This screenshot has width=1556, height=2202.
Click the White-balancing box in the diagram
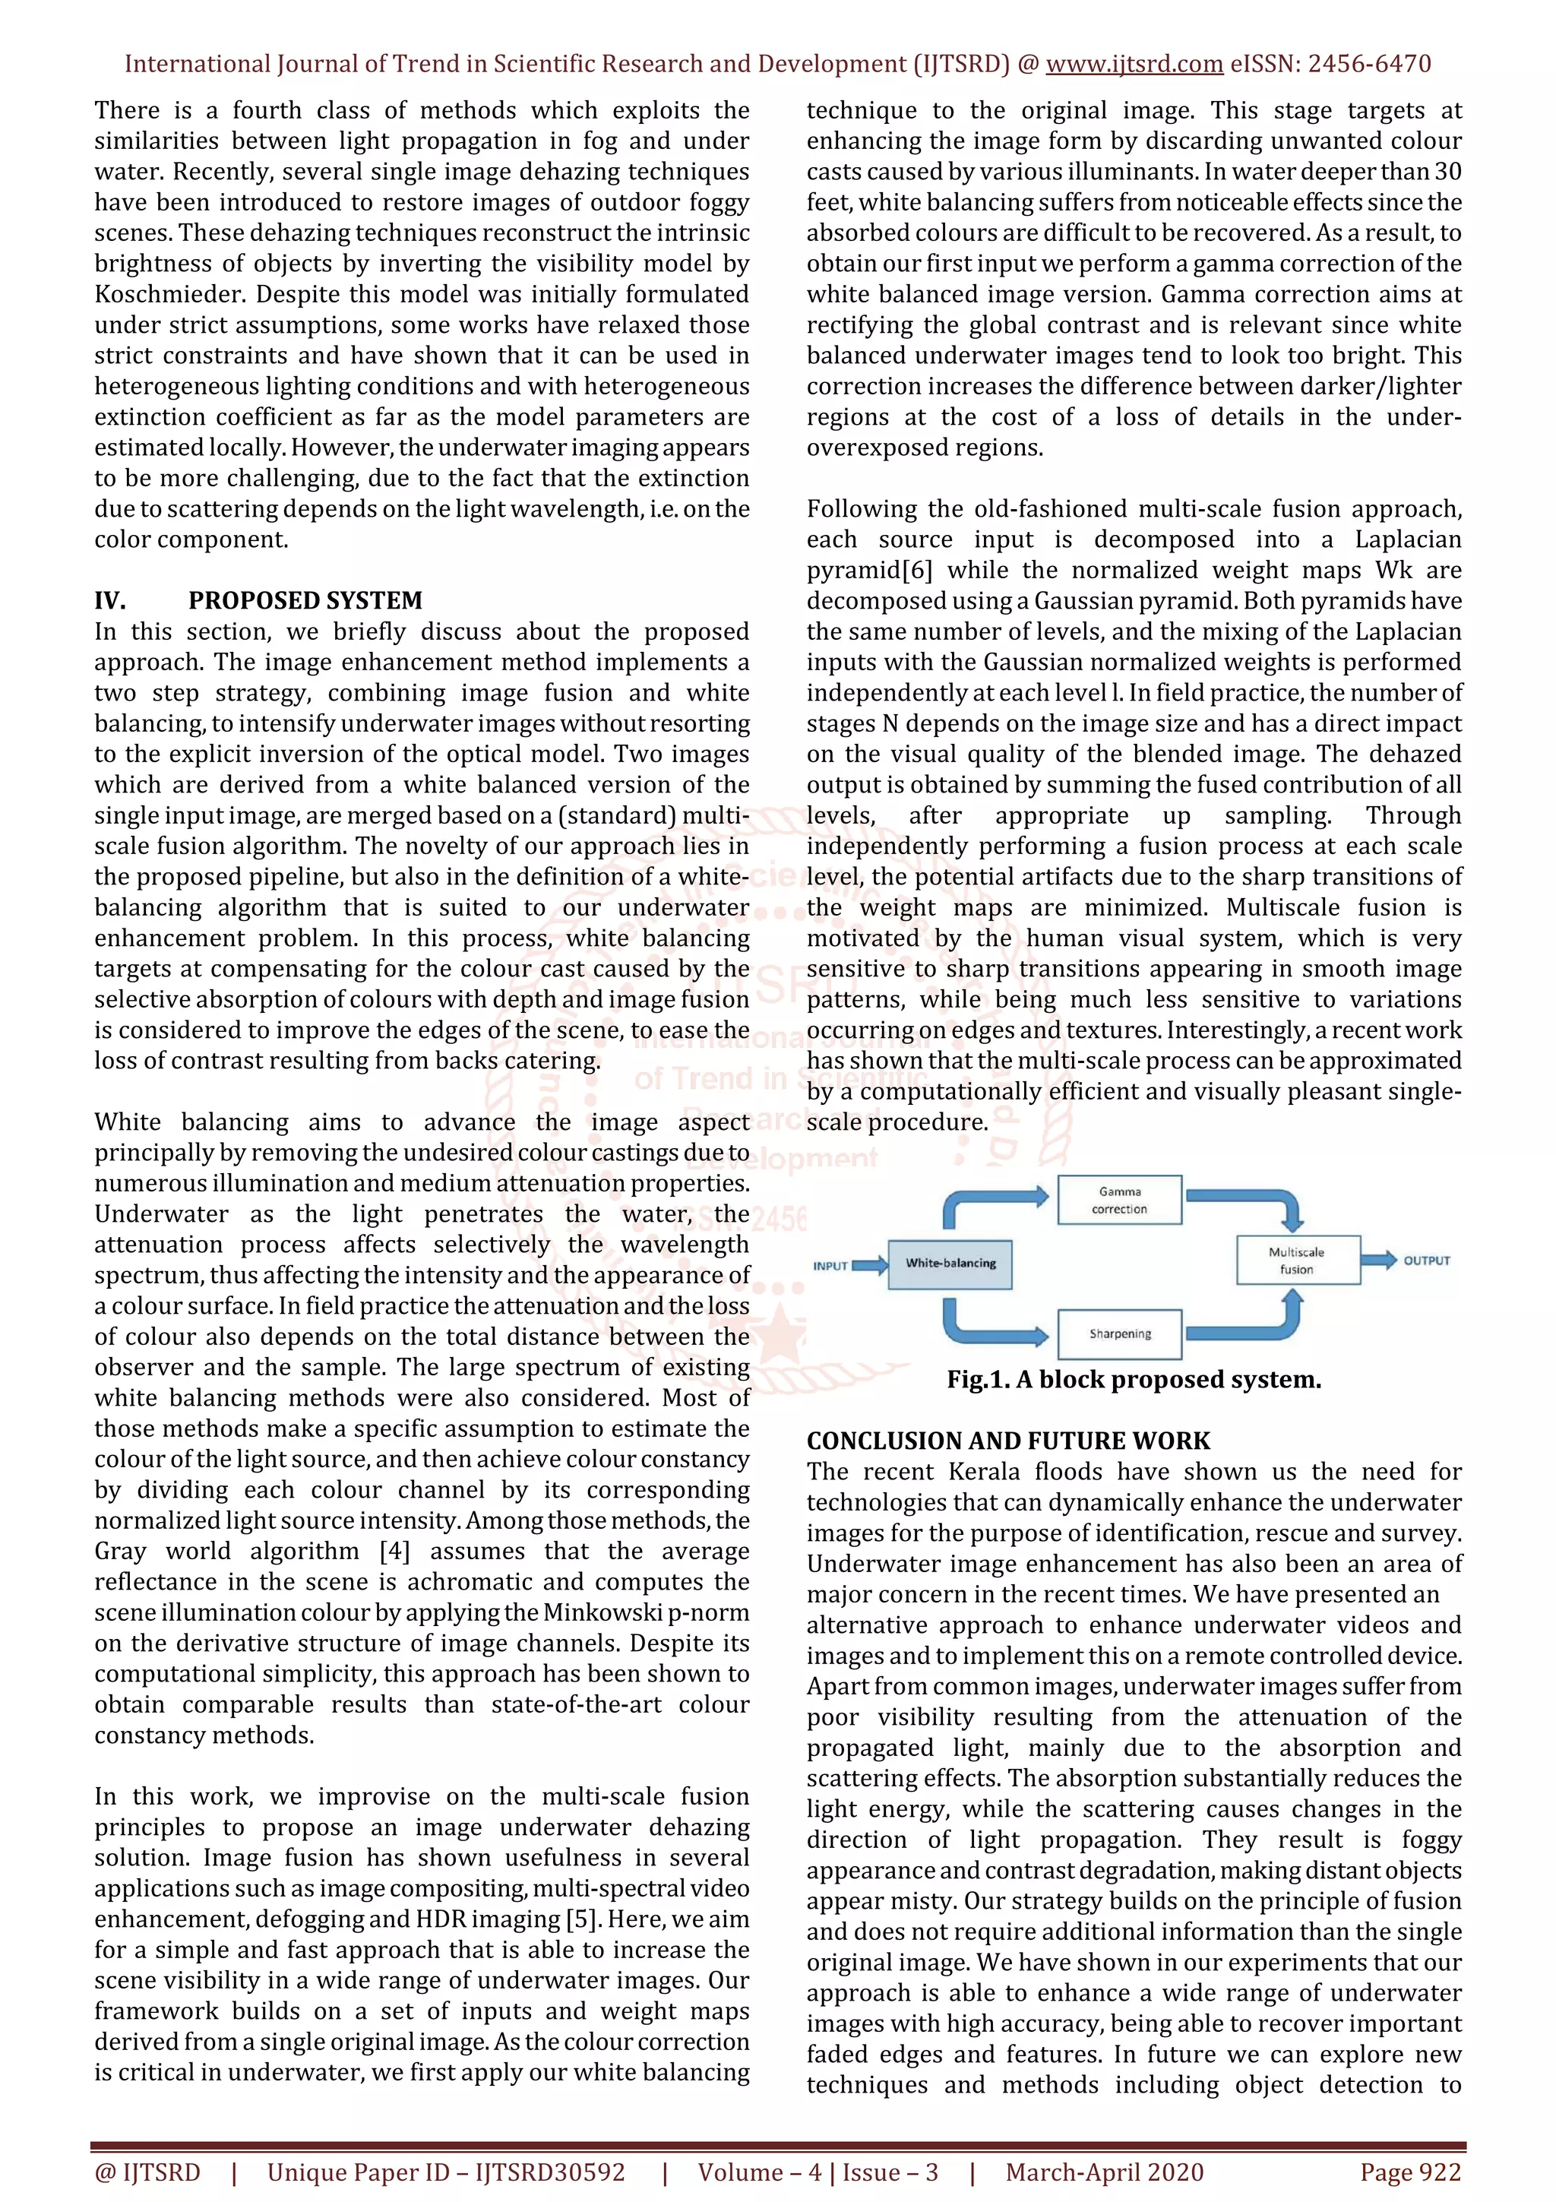[x=950, y=1263]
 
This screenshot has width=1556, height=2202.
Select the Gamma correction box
[x=1119, y=1200]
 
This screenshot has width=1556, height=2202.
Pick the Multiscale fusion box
[x=1296, y=1261]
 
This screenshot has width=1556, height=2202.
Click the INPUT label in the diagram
[x=830, y=1266]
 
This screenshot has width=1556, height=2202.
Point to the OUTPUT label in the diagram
[x=1427, y=1261]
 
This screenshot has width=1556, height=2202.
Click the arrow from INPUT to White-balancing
[x=870, y=1265]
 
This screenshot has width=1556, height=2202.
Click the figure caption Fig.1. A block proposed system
[x=1134, y=1379]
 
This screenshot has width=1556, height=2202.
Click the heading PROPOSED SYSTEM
[x=305, y=600]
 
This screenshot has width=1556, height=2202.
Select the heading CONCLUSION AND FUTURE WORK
[x=1007, y=1441]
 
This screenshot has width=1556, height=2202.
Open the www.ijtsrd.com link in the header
[x=1134, y=65]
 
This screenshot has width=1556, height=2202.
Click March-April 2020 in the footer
[x=1105, y=2172]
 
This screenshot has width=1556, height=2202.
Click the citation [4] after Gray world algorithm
[x=394, y=1551]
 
